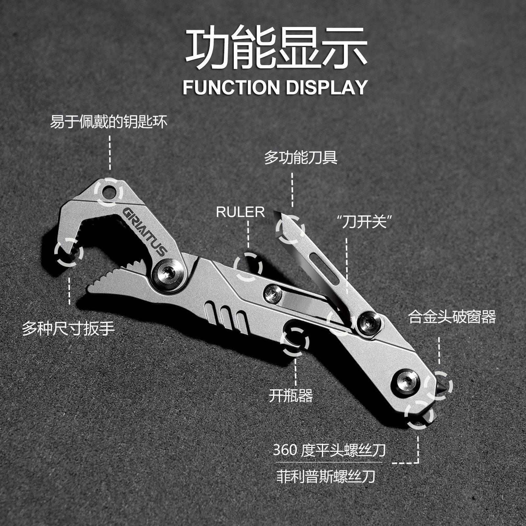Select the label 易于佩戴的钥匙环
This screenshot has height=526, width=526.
(109, 122)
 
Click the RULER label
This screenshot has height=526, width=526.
(240, 212)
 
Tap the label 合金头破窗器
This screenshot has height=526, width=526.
(452, 318)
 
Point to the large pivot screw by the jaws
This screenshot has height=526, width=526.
(170, 273)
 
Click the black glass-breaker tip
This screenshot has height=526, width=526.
(440, 385)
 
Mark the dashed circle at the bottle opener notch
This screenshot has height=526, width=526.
(295, 342)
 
